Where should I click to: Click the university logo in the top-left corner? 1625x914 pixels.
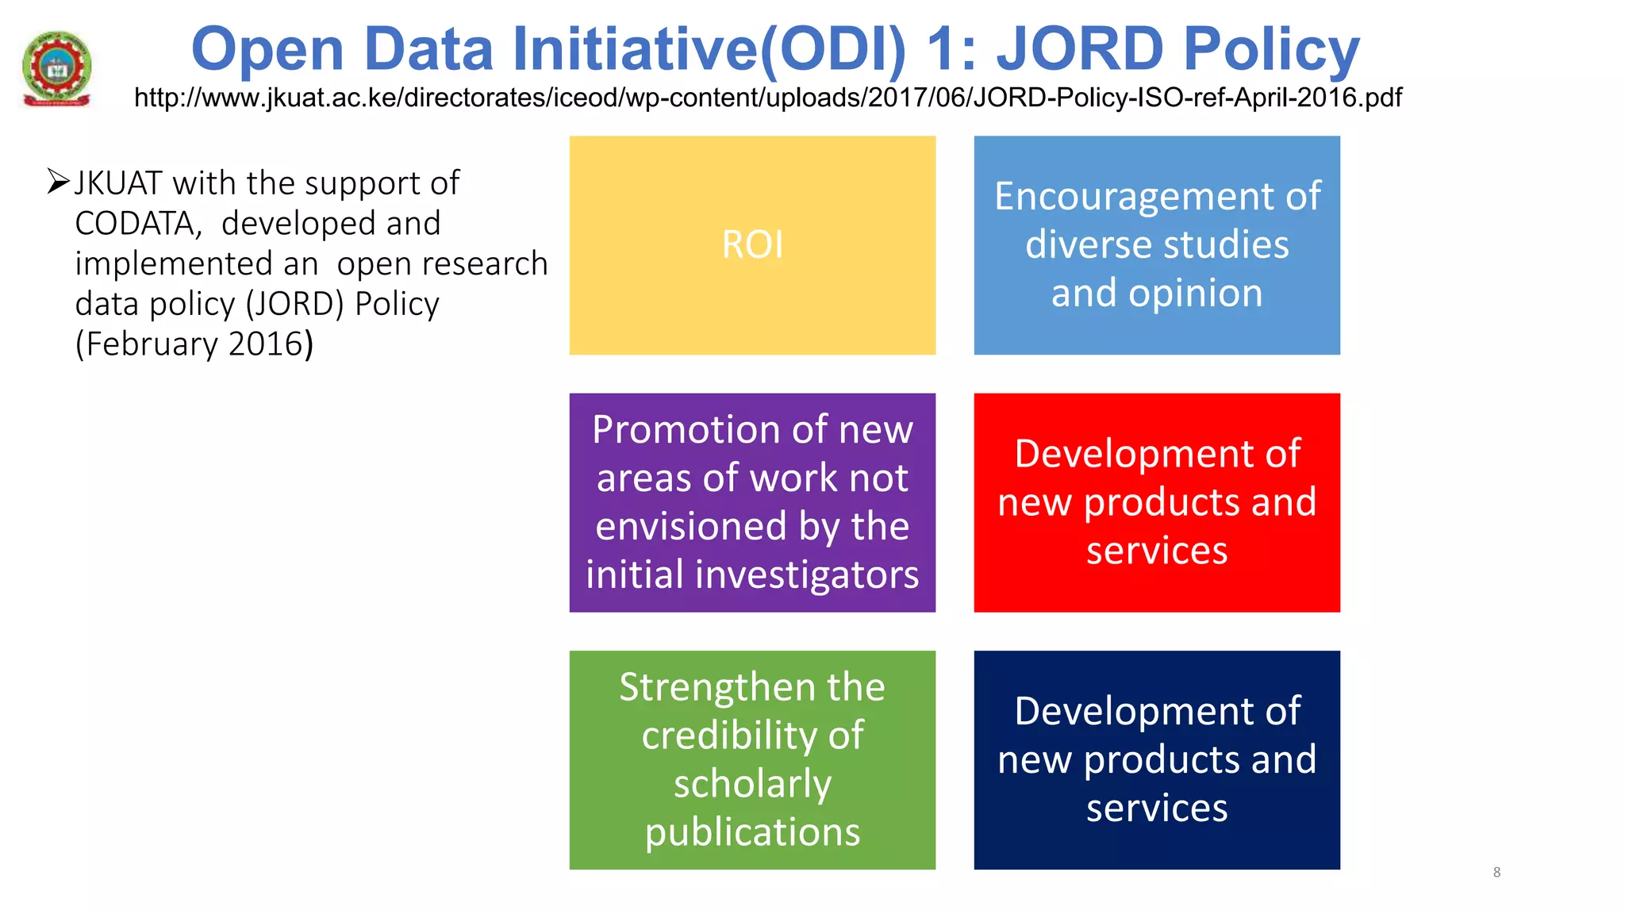pyautogui.click(x=56, y=68)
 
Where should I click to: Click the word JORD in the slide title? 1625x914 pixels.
pyautogui.click(x=1079, y=49)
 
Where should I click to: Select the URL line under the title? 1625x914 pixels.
pyautogui.click(x=767, y=98)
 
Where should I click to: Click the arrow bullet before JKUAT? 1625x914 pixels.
pyautogui.click(x=58, y=182)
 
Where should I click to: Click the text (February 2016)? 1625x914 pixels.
pyautogui.click(x=194, y=344)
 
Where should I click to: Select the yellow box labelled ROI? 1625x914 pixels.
pyautogui.click(x=752, y=244)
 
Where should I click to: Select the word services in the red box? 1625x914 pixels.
pyautogui.click(x=1157, y=551)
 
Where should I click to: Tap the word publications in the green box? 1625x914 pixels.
pyautogui.click(x=752, y=832)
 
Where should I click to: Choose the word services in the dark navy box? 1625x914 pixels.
pyautogui.click(x=1157, y=808)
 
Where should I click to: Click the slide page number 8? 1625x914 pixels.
pyautogui.click(x=1496, y=872)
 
